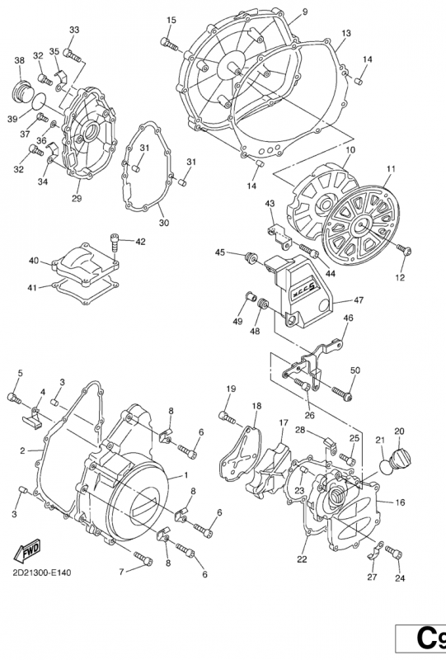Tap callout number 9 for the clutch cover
tap(304, 12)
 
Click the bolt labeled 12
tap(404, 249)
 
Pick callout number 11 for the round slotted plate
tap(391, 170)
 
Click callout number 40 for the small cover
tap(34, 261)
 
